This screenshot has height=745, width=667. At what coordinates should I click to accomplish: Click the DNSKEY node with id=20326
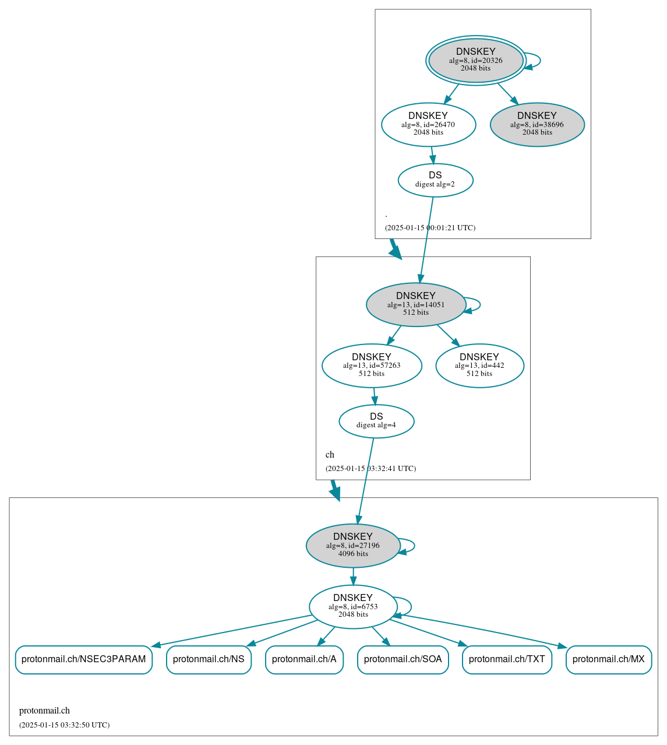475,60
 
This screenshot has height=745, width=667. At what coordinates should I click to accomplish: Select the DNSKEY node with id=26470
428,124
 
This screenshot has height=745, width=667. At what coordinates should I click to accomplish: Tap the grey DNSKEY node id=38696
537,124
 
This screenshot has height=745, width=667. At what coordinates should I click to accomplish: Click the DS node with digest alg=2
435,180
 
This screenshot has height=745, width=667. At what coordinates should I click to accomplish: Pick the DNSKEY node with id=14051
415,304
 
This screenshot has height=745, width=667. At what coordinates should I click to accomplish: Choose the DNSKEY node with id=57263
371,366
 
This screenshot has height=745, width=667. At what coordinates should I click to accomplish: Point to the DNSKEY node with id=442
479,366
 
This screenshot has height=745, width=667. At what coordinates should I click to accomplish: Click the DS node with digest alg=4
376,421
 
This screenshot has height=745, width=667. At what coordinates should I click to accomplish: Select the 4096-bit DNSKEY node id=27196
352,545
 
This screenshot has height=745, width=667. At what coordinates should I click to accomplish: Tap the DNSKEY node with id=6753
352,606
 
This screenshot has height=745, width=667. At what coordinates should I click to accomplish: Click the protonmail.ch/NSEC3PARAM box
83,659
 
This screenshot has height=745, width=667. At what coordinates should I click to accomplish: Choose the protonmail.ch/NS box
209,659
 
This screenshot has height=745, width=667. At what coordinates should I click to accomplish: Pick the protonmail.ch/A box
304,659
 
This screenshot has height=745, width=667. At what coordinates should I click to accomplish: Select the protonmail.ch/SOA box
403,659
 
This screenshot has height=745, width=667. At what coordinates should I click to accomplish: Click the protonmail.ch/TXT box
506,659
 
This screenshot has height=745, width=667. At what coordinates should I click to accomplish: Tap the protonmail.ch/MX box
608,659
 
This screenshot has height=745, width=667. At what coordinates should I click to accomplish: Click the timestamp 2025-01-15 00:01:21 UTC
430,228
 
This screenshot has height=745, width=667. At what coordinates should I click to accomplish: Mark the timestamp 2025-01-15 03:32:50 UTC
64,725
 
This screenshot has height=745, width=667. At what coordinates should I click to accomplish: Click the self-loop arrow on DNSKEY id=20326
539,60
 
